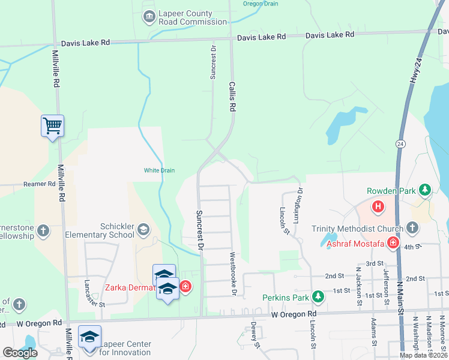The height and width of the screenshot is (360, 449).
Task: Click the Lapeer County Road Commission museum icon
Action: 148,16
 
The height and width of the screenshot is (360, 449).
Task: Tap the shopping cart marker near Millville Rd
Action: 52,126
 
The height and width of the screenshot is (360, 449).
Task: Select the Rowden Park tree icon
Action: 425,191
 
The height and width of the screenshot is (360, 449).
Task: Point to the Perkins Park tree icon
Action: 318,297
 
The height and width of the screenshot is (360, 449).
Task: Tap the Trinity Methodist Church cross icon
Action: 412,227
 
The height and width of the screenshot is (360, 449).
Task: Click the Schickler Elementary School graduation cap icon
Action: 143,229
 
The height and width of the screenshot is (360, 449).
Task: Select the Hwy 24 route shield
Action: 400,144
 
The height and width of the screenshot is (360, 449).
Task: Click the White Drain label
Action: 159,170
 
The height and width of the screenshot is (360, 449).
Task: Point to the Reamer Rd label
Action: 39,184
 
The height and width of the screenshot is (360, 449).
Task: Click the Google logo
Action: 20,353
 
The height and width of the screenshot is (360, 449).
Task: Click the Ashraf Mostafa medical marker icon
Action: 393,243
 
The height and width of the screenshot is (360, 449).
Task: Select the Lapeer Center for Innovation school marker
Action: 89,337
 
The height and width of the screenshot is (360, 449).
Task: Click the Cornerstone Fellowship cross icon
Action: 43,230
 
